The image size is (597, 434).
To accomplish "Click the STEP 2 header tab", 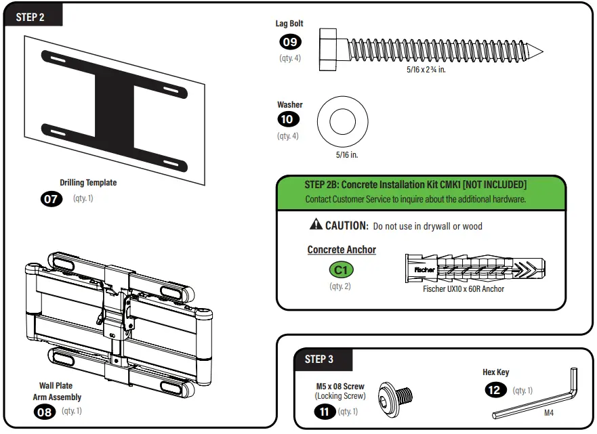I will (31, 17).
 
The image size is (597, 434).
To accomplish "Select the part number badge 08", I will (45, 412).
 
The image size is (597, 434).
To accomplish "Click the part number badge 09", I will (290, 42).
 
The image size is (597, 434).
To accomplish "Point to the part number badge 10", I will (289, 121).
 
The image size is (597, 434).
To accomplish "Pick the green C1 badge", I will (342, 269).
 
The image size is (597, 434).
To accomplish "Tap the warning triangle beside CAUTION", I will (316, 225).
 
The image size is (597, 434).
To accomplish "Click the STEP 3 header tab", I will (318, 360).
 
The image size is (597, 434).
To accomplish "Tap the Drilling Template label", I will (88, 182).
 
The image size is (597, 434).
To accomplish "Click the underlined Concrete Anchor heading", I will (342, 250).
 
